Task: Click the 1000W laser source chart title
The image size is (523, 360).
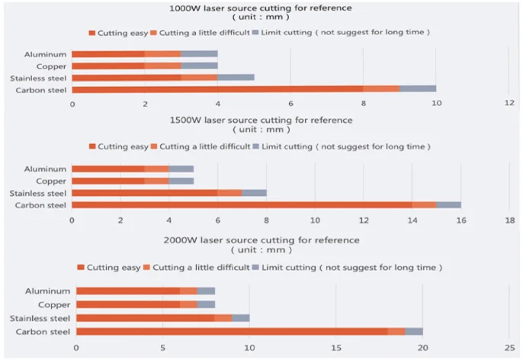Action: coord(261,8)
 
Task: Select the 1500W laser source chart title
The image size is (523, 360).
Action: coord(261,121)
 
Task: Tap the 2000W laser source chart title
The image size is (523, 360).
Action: coord(261,240)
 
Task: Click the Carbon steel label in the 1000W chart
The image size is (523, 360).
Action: coord(46,90)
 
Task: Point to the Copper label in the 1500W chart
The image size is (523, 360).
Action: coord(52,181)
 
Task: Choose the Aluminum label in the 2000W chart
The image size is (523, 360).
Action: coord(47,291)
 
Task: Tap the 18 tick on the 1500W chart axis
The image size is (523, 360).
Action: coord(510,220)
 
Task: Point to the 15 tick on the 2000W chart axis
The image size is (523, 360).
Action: coord(336,347)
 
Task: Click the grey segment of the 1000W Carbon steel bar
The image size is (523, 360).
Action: coord(418,89)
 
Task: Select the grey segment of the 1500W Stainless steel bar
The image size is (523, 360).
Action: coord(254,193)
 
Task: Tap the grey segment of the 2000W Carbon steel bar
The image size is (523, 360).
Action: coord(414,331)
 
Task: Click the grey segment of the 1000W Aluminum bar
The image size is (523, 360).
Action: coord(200,54)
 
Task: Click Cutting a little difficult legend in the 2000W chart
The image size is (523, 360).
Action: coord(201,268)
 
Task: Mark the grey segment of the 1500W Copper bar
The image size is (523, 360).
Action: coord(181,181)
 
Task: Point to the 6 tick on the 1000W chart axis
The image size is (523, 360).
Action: coord(290,103)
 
